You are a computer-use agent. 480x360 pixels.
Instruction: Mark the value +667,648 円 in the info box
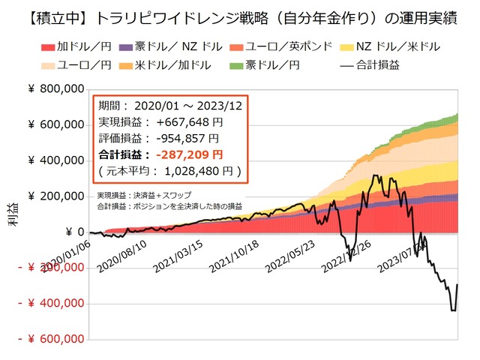click(x=177, y=122)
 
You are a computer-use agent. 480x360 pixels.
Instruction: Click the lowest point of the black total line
click(x=454, y=310)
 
